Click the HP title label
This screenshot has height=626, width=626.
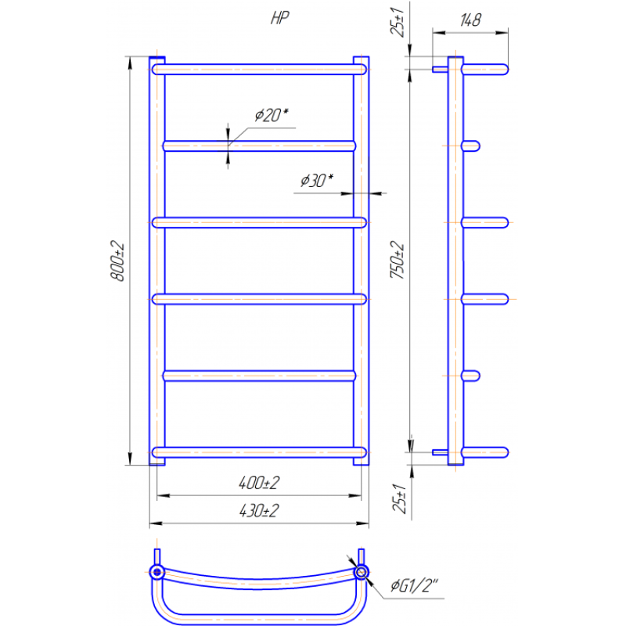coord(279,18)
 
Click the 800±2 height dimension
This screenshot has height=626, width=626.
coord(118,261)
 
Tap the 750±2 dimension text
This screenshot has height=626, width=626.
coord(398,260)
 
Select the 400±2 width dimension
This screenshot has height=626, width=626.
coord(259,483)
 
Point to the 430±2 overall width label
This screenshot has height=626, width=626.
coord(259,511)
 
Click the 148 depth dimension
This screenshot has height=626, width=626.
coord(471,20)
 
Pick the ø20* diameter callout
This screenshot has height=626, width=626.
coord(272,115)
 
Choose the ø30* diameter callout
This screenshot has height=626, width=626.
coord(317,181)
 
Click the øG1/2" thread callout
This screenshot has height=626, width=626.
coord(414,585)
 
